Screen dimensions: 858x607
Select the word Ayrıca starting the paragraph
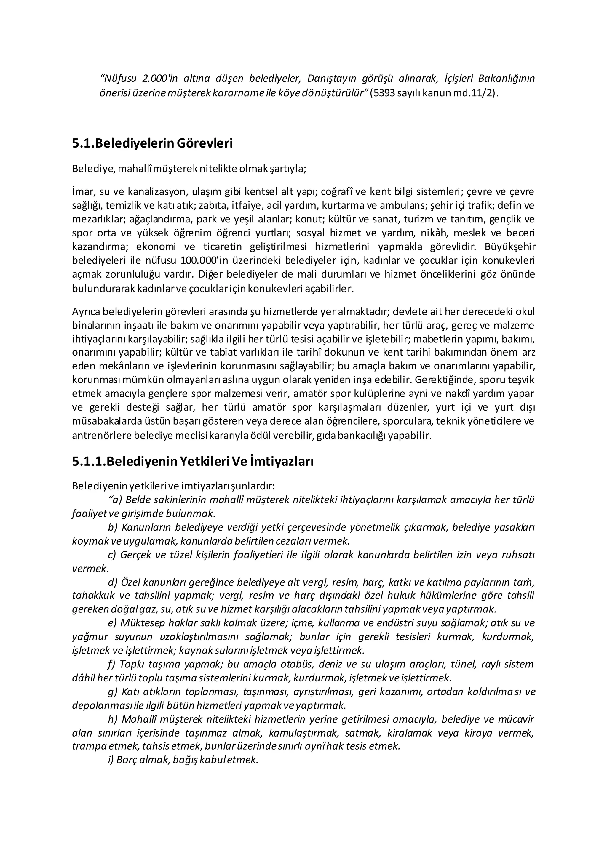pyautogui.click(x=86, y=311)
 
